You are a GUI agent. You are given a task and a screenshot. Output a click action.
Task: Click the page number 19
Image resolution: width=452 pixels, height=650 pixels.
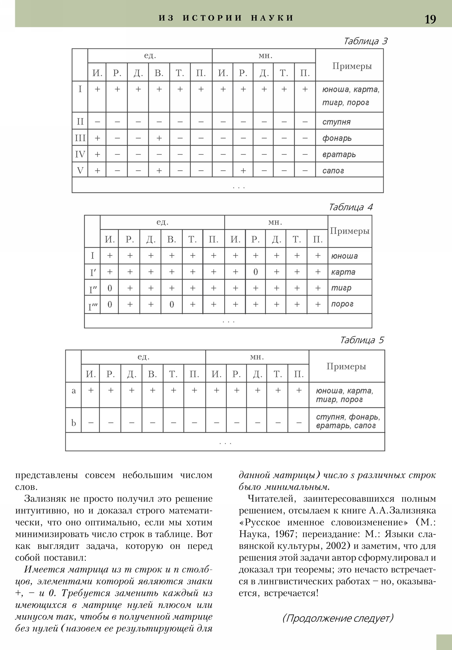[430, 19]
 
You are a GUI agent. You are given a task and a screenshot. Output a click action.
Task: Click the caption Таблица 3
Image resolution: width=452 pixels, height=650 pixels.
[365, 41]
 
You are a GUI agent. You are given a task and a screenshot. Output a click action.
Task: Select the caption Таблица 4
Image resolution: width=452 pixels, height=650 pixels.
[350, 207]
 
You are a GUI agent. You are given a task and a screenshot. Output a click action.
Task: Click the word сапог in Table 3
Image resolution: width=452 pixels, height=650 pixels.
[333, 171]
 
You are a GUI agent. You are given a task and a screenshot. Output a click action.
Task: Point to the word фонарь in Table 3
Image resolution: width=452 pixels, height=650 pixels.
[337, 138]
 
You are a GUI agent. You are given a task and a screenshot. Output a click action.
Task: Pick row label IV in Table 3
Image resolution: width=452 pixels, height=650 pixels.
[80, 154]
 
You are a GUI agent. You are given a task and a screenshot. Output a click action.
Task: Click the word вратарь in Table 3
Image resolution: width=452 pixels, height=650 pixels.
[339, 155]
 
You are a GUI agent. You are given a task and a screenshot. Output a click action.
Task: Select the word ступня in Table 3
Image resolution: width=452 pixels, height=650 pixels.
[336, 122]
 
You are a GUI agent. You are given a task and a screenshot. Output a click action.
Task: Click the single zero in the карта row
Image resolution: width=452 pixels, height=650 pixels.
[255, 272]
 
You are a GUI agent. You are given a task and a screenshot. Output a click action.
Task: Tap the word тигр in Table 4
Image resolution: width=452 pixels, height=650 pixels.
[341, 288]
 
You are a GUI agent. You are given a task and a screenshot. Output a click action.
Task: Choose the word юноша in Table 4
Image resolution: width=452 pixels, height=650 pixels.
[344, 256]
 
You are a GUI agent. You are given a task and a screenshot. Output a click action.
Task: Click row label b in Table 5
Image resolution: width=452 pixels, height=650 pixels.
[73, 423]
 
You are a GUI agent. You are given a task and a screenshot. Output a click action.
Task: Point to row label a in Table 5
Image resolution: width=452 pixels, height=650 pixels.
[73, 391]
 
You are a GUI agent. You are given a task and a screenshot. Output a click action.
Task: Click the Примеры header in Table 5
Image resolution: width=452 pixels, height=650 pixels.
[346, 366]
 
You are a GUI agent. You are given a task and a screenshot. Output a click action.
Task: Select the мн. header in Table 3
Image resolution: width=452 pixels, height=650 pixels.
[265, 56]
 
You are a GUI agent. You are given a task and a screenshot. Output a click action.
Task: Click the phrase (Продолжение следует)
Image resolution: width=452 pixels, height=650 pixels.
[338, 618]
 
